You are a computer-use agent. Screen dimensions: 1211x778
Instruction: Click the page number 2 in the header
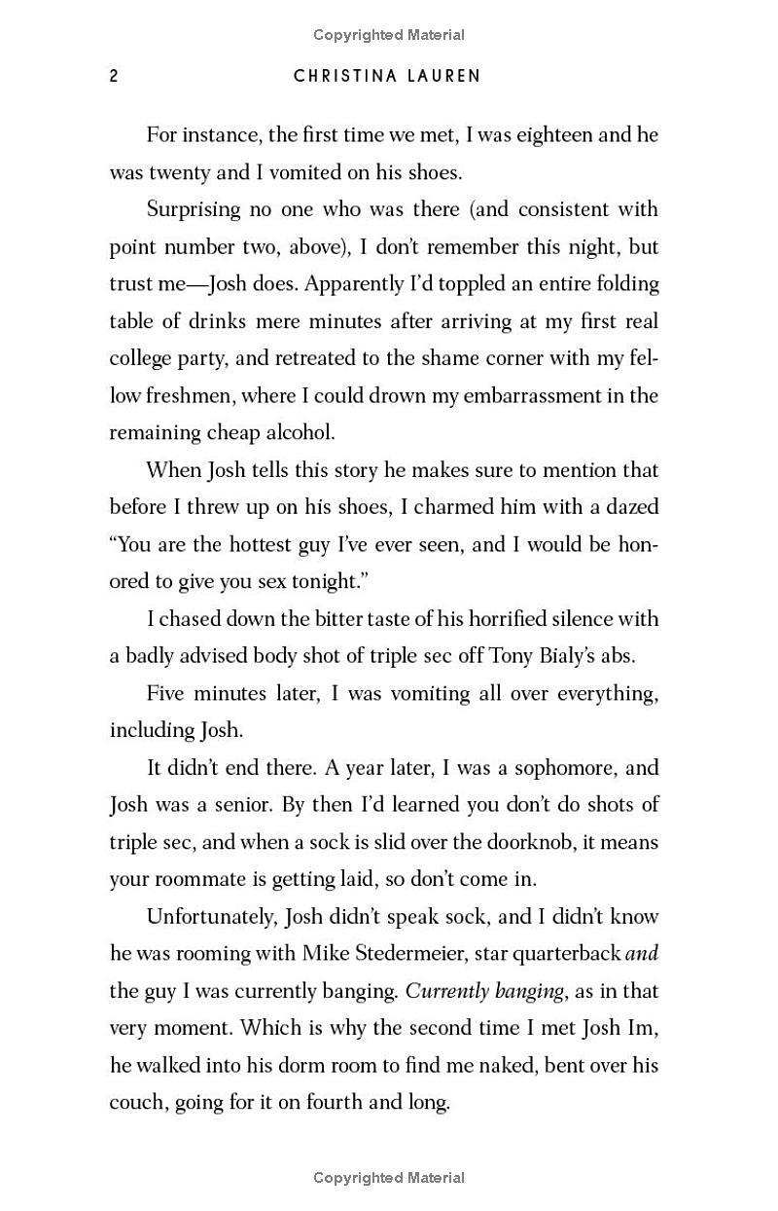click(x=114, y=76)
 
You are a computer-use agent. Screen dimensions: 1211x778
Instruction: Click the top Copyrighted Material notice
click(x=389, y=35)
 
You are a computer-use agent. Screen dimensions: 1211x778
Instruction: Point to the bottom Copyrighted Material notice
click(x=389, y=1178)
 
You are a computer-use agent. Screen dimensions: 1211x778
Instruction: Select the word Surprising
click(x=198, y=209)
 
